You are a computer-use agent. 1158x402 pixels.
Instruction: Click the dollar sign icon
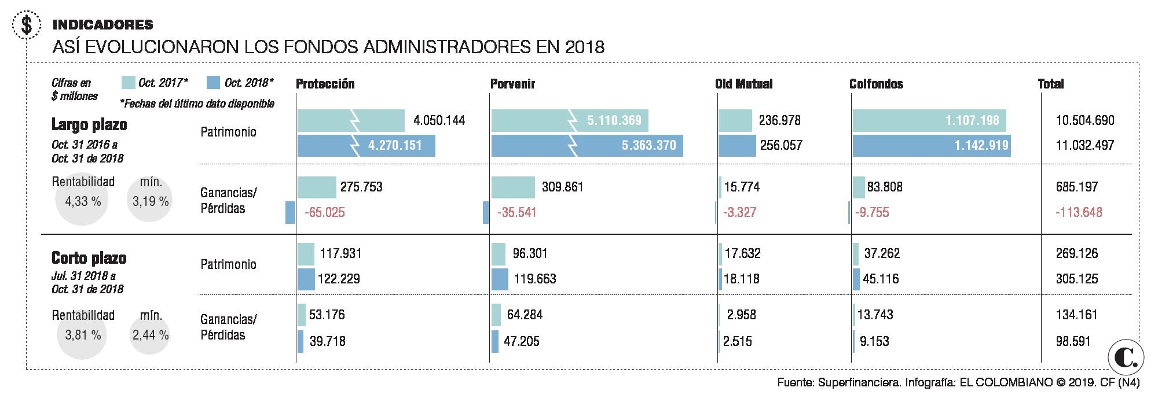[25, 25]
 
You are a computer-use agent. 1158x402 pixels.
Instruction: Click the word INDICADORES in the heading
[102, 24]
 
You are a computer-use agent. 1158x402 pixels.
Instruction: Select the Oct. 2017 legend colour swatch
[129, 83]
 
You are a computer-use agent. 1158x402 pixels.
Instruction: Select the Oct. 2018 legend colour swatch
[213, 83]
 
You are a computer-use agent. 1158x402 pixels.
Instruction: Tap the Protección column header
[325, 84]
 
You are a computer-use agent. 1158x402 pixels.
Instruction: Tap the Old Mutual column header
[743, 84]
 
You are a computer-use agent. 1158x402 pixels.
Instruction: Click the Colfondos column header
[876, 84]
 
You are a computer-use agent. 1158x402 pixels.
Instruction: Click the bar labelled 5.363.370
[587, 146]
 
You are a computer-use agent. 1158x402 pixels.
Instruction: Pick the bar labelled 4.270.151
[366, 146]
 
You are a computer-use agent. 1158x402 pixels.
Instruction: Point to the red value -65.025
[325, 212]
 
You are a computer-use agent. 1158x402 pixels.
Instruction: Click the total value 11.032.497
[1084, 146]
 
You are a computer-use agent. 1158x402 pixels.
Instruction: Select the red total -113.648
[1079, 212]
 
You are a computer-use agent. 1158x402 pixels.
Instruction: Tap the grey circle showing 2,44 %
[150, 335]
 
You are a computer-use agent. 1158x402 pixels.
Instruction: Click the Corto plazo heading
[89, 258]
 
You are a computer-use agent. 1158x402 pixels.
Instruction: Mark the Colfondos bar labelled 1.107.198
[929, 121]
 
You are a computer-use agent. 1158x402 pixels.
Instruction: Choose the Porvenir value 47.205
[521, 341]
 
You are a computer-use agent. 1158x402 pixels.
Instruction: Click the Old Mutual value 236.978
[779, 120]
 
